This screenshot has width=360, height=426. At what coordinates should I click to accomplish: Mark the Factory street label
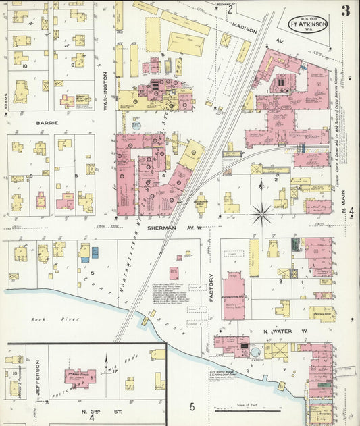point(211,288)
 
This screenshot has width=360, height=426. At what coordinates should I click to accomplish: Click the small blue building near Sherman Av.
point(94,252)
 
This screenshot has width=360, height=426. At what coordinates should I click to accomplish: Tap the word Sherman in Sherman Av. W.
point(161,228)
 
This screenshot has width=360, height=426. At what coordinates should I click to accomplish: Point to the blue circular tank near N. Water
point(255,352)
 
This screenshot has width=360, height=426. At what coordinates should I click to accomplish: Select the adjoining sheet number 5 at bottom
point(192,406)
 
